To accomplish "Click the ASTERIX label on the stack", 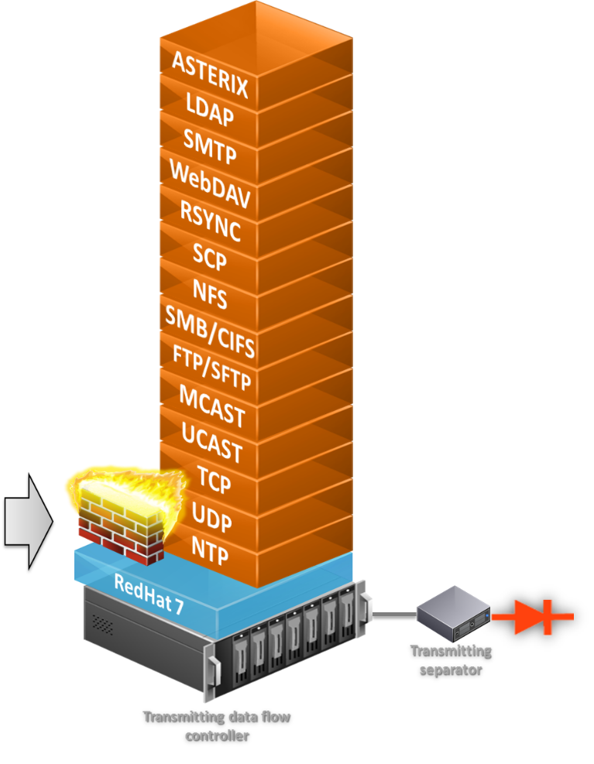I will pos(209,74).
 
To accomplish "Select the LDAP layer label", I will pos(208,111).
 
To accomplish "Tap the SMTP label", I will pos(209,147).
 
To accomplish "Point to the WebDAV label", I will pos(209,185).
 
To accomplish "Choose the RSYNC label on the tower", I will pos(210,221).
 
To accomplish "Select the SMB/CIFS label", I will pos(210,332).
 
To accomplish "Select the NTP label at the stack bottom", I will pos(211,551).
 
